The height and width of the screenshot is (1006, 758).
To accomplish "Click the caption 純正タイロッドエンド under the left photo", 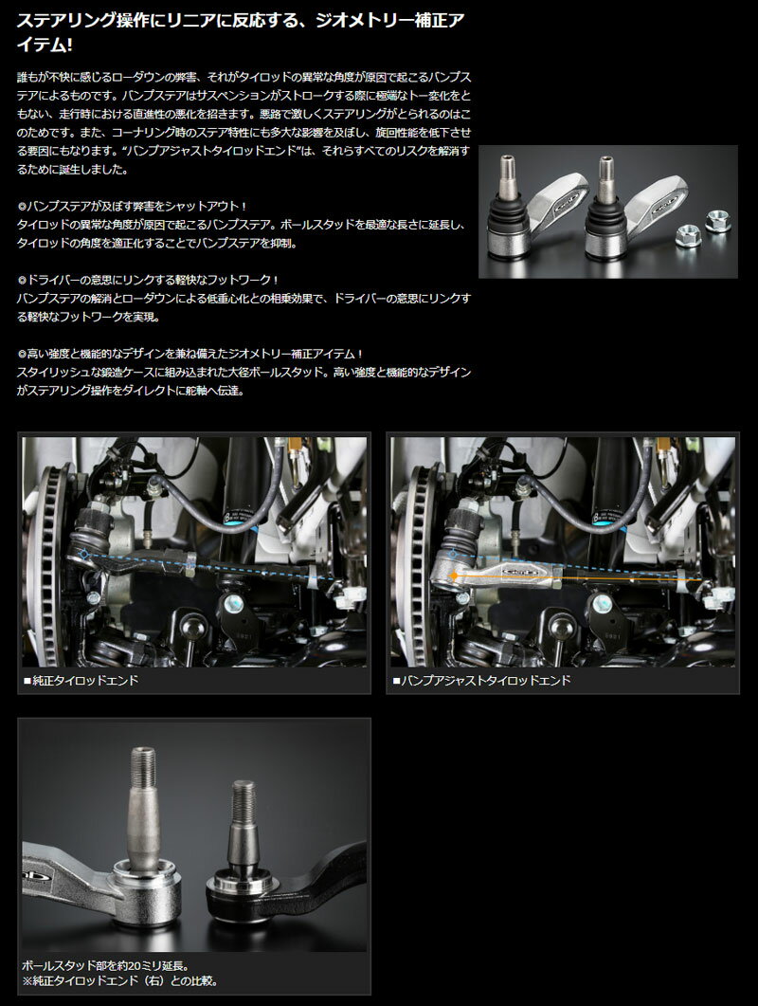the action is (85, 680).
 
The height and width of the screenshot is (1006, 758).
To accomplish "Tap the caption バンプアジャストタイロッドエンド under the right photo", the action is (485, 680).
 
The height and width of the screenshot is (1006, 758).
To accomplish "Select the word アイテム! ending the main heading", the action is (45, 46).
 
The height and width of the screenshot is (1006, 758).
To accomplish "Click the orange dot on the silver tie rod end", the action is (454, 576).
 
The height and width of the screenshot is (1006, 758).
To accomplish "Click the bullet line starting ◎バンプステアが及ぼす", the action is (132, 207).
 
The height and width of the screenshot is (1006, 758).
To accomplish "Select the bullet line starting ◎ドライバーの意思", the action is (148, 280).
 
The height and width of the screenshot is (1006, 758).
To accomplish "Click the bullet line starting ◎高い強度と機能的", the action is (190, 354).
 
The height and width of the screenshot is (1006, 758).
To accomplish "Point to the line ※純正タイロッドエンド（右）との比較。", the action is (120, 981).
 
